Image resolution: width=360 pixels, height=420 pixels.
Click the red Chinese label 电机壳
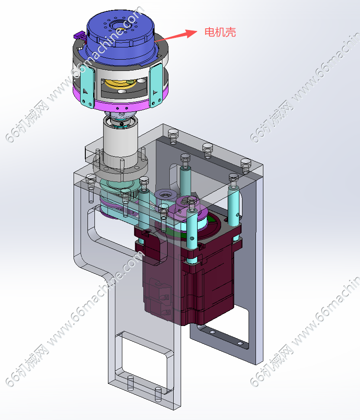(x=220, y=32)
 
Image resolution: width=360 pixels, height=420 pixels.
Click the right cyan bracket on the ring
(x=156, y=85)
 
